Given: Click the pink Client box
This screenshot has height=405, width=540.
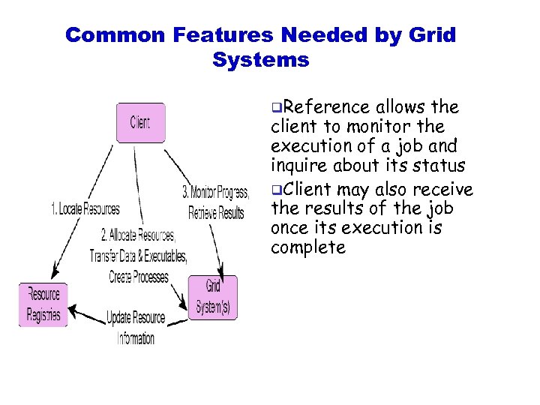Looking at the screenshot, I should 140,122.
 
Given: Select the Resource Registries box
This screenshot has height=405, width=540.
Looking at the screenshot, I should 43,304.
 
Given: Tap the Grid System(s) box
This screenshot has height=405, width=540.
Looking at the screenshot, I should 212,298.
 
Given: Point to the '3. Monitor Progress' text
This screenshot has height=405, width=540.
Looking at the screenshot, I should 215,193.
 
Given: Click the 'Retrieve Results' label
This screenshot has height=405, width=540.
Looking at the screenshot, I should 216,213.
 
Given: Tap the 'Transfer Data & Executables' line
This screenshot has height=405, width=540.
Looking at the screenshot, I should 138,256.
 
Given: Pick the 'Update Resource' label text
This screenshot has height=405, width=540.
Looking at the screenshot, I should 136,317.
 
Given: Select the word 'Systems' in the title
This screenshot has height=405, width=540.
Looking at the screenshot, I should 260,60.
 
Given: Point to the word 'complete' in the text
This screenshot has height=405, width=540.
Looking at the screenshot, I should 307,247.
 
